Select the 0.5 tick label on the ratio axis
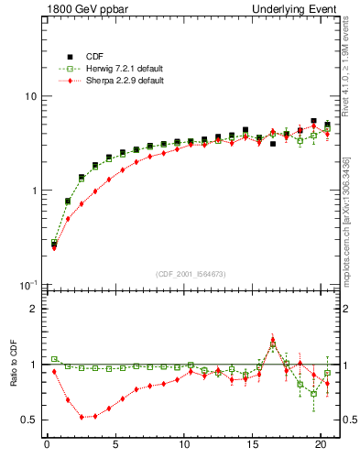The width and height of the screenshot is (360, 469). click(x=28, y=420)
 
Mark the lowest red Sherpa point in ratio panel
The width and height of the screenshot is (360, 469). click(x=82, y=417)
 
